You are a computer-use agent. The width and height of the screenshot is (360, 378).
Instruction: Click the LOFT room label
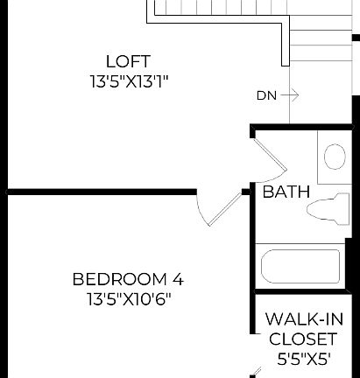point(128,61)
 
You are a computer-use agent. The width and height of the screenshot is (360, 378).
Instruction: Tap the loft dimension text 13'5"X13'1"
point(128,80)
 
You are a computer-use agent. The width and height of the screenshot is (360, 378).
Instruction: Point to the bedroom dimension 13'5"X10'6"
point(128,299)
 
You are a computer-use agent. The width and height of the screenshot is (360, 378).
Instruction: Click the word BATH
point(286,192)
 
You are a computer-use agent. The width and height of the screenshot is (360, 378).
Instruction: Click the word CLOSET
point(302,339)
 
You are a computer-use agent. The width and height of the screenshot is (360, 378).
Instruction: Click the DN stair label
point(266,94)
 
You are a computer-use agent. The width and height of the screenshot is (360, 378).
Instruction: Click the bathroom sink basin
point(335,157)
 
